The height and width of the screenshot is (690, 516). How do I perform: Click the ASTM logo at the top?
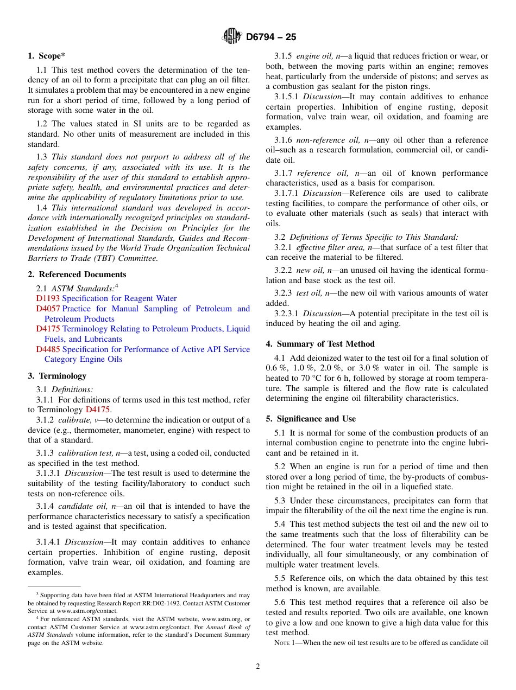pyautogui.click(x=232, y=37)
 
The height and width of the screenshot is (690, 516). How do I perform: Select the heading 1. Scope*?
pyautogui.click(x=47, y=56)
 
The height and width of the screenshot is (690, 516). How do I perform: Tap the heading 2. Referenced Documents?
pyautogui.click(x=77, y=274)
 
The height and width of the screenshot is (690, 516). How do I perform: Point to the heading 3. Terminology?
pyautogui.click(x=57, y=376)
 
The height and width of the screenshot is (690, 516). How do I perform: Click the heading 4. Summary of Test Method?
pyautogui.click(x=320, y=344)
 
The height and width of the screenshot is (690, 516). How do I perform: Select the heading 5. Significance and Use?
pyautogui.click(x=311, y=419)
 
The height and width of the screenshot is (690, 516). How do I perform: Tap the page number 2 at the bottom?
pyautogui.click(x=258, y=667)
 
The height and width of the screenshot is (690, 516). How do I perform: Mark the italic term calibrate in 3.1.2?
pyautogui.click(x=74, y=420)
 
